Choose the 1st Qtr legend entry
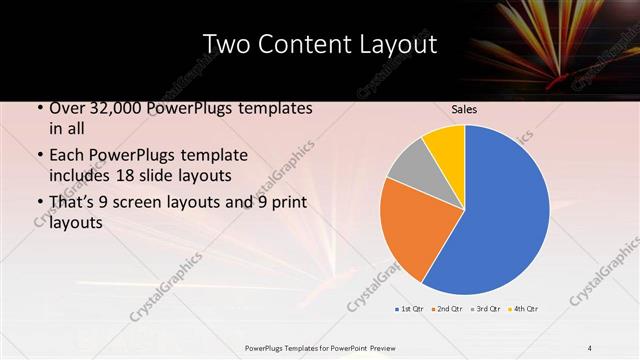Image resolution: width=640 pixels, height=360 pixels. point(411,310)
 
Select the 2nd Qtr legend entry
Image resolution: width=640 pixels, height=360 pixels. point(448,310)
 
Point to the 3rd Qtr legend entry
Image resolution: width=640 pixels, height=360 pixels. point(486,310)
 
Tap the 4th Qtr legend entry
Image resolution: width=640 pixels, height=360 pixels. point(524,310)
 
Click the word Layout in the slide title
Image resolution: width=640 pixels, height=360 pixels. point(397,44)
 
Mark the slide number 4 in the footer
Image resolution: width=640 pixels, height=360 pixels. point(590,347)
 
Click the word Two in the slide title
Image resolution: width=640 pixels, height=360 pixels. point(226,44)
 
